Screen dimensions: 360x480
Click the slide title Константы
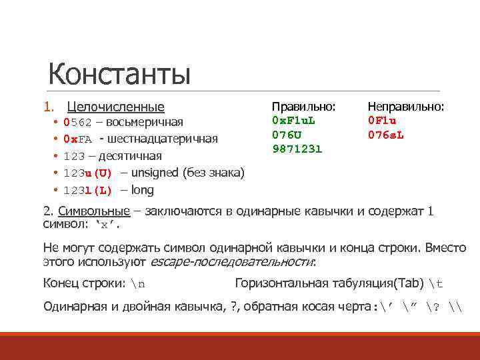pyautogui.click(x=119, y=74)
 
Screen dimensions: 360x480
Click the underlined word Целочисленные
pyautogui.click(x=116, y=107)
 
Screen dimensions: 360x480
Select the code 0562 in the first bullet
pyautogui.click(x=77, y=123)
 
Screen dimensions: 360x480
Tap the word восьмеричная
pyautogui.click(x=144, y=123)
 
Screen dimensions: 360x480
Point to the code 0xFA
pyautogui.click(x=77, y=139)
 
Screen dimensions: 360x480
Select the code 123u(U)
pyautogui.click(x=87, y=173)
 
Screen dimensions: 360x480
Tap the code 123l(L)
pyautogui.click(x=87, y=191)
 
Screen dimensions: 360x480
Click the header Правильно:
pyautogui.click(x=303, y=107)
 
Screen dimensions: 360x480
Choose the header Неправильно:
pyautogui.click(x=406, y=107)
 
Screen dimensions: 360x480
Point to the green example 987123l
pyautogui.click(x=297, y=149)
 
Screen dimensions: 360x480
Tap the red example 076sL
pyautogui.click(x=386, y=135)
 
